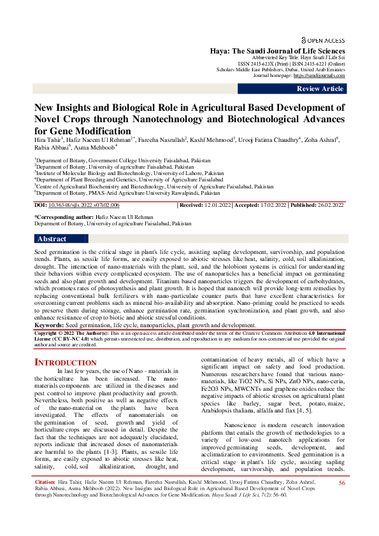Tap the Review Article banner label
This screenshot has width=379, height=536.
click(320, 88)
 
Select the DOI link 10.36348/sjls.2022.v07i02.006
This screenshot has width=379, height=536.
click(83, 205)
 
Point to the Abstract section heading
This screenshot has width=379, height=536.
click(52, 239)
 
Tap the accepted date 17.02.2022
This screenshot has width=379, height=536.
click(271, 205)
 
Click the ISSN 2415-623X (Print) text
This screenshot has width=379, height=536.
click(259, 64)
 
